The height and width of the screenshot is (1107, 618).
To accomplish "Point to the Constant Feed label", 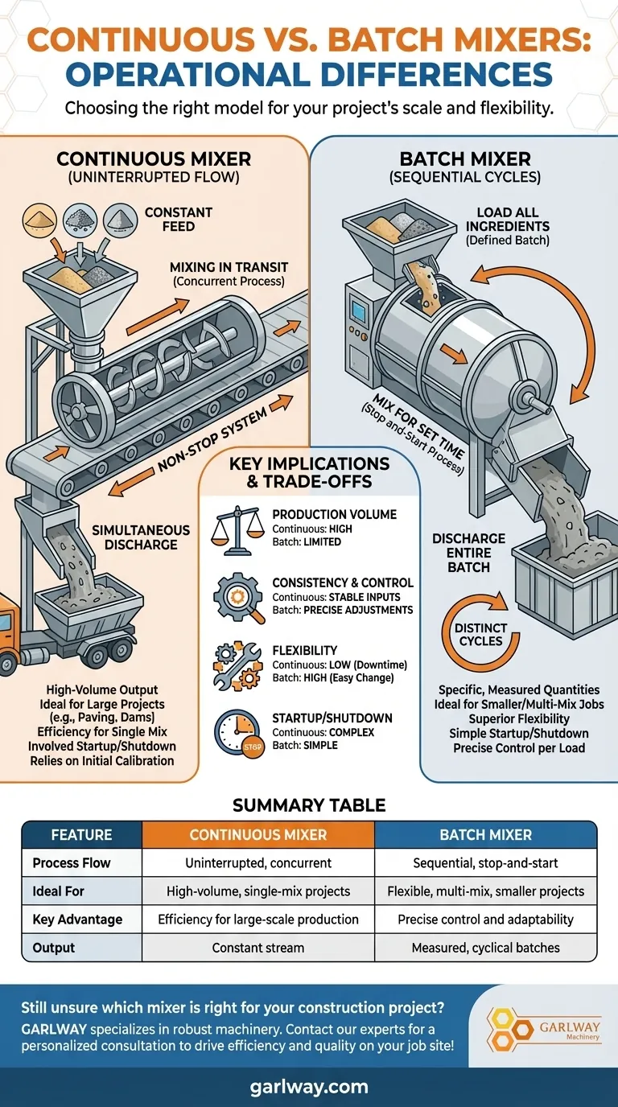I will [x=179, y=219].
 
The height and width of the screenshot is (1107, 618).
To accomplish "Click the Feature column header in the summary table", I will [x=81, y=834].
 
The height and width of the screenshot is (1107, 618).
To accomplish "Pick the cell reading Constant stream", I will [x=258, y=947].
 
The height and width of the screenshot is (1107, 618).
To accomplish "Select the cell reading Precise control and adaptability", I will [x=485, y=919].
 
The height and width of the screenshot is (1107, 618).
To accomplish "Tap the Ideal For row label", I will [x=58, y=891].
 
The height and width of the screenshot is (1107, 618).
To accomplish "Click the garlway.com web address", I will [x=309, y=1086].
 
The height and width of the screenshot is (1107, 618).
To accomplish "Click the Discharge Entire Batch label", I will [x=469, y=552].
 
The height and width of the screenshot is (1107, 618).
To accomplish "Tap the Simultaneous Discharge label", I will [x=141, y=537].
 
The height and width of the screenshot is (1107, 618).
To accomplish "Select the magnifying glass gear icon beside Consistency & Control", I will [x=239, y=596].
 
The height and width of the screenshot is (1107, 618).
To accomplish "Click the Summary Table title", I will [x=309, y=805].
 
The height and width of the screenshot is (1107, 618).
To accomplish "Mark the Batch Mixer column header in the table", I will [x=485, y=834].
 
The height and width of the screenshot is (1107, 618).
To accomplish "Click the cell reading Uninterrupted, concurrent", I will [x=258, y=862].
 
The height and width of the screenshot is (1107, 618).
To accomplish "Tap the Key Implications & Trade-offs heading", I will [x=309, y=474].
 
